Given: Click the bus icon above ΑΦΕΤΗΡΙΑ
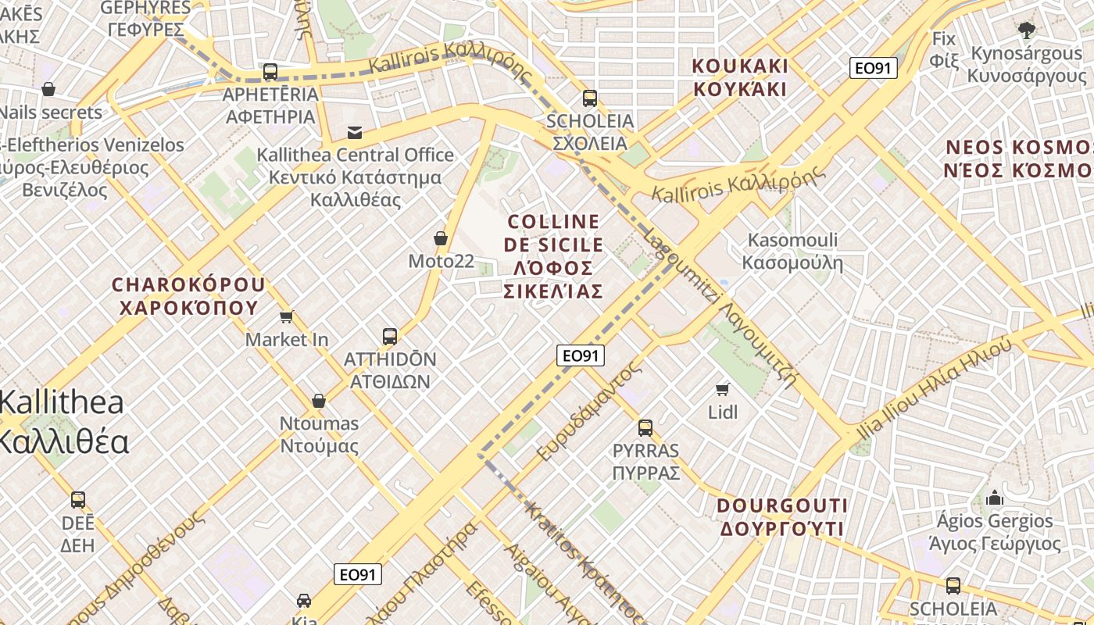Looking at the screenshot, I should (x=270, y=72).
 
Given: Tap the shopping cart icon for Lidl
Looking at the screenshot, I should (x=723, y=388).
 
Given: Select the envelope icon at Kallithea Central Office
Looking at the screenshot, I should (x=356, y=132).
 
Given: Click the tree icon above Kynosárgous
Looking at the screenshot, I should (x=1027, y=30).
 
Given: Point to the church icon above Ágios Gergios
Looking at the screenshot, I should (x=994, y=497).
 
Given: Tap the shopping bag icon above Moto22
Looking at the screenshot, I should (x=441, y=238).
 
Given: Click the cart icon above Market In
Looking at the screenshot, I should (x=287, y=316).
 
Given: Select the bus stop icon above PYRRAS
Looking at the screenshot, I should (x=645, y=427).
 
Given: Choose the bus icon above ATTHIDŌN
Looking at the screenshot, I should (x=390, y=337).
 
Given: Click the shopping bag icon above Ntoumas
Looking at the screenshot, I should (x=319, y=401).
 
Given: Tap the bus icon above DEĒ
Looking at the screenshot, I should (x=78, y=499).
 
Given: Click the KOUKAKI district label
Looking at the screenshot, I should (x=740, y=77).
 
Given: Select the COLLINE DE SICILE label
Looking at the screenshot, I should (x=553, y=256).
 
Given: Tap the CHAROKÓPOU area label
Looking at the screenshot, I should (x=188, y=295).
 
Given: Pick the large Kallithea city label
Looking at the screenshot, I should (x=63, y=422).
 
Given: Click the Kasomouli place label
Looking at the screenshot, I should (x=792, y=251).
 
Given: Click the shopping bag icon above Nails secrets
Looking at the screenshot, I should (x=48, y=89).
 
